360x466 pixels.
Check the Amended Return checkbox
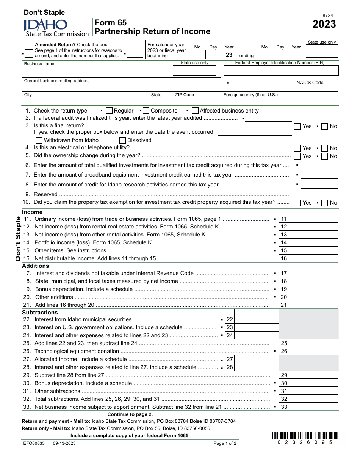(x=28, y=54)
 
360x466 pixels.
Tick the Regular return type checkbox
(x=109, y=111)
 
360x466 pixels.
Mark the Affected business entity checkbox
(x=195, y=111)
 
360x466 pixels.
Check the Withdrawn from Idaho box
(x=39, y=140)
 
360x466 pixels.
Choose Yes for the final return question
(x=297, y=126)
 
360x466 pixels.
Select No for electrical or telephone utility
(x=324, y=148)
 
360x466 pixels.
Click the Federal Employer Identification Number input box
(x=281, y=70)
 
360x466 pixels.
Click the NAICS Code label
(x=310, y=83)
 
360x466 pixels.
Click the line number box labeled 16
(x=284, y=258)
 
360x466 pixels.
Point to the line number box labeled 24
(x=230, y=335)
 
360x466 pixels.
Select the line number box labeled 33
(x=284, y=407)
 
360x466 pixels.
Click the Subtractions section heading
(x=40, y=313)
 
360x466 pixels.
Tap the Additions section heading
(x=35, y=266)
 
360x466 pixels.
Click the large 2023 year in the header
(x=324, y=24)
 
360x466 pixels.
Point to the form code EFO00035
(x=33, y=443)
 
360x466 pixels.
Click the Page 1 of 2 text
(x=225, y=444)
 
